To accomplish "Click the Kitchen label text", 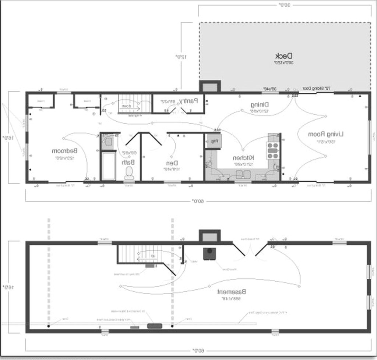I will tap(243, 158).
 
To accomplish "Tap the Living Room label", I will tap(325, 135).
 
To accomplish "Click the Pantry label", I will tap(188, 100).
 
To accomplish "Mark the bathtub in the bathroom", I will tap(109, 166).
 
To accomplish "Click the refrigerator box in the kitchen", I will tap(213, 141).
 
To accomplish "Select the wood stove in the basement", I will tap(210, 253).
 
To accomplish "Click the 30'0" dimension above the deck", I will tap(284, 5).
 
